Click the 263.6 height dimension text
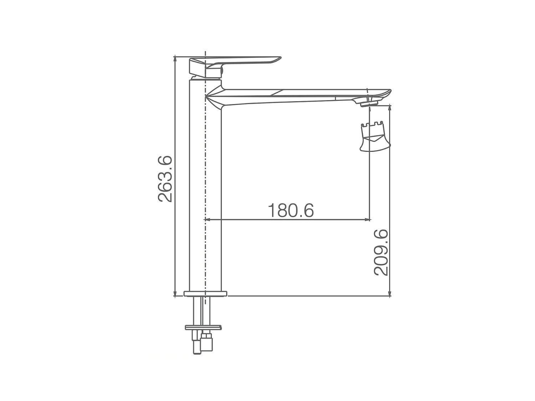point(165,179)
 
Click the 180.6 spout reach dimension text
point(291,211)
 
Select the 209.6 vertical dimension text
point(381,252)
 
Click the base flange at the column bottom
point(205,294)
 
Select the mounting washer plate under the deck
point(203,327)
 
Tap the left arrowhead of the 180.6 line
point(207,220)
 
